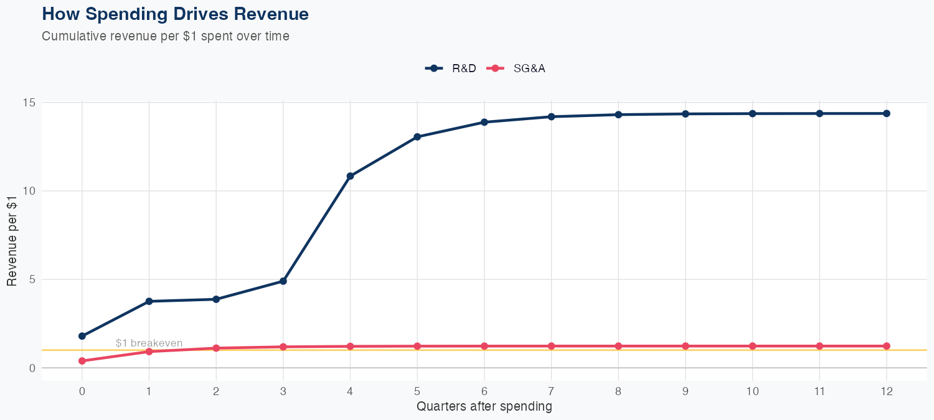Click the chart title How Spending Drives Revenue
tap(175, 14)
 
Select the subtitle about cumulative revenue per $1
tap(166, 36)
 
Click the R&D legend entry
tap(451, 68)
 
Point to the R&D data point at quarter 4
tap(350, 176)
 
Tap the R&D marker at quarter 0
tap(82, 336)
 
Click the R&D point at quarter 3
tap(283, 281)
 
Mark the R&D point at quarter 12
tap(887, 113)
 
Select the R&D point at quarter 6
tap(484, 122)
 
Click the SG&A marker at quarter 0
tap(82, 361)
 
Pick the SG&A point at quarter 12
tap(887, 346)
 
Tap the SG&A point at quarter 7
tap(552, 346)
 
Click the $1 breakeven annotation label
tap(149, 343)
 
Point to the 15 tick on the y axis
tap(29, 102)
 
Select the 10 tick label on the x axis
tap(752, 391)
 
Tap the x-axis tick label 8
tap(618, 391)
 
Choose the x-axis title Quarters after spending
tap(484, 407)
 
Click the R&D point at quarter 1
tap(149, 301)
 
